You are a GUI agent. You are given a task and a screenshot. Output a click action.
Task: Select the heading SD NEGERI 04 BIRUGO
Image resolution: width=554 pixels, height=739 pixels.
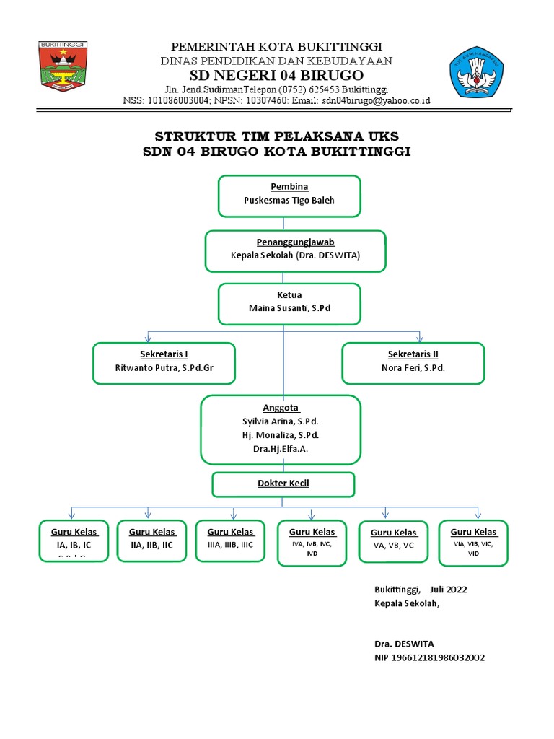coord(276,76)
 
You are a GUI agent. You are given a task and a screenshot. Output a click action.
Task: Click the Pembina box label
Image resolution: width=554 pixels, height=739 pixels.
coord(289,187)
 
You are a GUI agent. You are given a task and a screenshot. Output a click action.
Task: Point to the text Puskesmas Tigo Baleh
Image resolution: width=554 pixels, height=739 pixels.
coord(289,201)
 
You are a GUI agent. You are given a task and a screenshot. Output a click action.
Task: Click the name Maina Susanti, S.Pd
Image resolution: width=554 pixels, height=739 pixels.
coord(289,308)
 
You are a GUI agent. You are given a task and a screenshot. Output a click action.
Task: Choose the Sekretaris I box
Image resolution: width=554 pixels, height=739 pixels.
coord(164,362)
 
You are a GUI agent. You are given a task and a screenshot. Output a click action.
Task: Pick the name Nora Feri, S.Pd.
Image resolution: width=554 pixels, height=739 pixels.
coord(413,367)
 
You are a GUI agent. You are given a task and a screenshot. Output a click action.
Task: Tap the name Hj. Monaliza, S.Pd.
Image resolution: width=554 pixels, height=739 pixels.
coord(281,435)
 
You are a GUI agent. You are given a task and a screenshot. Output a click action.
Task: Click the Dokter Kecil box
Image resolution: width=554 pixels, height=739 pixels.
coord(283,484)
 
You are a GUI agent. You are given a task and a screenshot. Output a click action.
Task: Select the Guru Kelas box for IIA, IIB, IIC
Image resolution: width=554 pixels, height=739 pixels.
coord(151,539)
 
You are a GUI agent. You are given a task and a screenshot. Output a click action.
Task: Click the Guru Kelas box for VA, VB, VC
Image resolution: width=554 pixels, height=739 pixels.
coord(394,540)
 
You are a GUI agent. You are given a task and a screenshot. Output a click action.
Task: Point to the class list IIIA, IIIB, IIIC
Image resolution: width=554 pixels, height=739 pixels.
coord(230,545)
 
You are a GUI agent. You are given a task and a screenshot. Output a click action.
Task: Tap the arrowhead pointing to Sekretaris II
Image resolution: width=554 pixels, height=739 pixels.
coord(419,338)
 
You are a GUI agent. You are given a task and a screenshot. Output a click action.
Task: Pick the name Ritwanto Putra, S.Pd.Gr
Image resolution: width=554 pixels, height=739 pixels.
coord(164,367)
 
